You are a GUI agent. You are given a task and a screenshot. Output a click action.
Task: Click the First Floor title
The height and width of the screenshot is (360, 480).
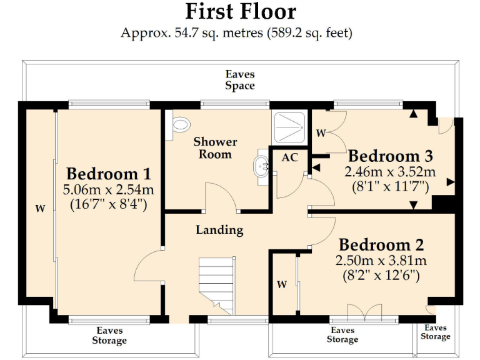[240, 11]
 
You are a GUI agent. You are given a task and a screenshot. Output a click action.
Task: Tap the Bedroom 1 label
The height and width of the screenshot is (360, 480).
[109, 174]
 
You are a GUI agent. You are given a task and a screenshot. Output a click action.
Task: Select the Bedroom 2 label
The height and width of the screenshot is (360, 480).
[381, 244]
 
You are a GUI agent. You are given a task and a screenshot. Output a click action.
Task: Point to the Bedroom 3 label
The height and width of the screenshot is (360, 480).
[391, 156]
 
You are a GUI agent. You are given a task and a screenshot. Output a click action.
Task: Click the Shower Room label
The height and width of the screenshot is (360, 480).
[215, 148]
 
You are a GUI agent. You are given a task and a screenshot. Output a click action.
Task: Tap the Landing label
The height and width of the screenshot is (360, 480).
[219, 230]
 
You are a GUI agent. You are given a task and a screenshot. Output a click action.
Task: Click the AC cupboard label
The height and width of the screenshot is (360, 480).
[289, 157]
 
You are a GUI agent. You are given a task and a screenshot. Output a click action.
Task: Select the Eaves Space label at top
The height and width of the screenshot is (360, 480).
[240, 80]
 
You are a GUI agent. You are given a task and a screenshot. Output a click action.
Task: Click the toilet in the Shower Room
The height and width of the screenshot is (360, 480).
[181, 126]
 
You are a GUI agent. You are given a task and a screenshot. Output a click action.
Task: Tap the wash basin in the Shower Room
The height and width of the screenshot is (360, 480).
[262, 166]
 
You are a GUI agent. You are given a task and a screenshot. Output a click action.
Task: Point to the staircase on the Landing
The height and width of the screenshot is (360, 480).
[217, 284]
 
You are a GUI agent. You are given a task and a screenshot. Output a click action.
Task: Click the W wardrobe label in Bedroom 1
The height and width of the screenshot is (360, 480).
[40, 209]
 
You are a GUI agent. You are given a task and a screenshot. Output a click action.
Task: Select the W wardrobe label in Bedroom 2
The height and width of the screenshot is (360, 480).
[282, 285]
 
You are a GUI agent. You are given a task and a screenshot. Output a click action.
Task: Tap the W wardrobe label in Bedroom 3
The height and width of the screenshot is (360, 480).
[321, 132]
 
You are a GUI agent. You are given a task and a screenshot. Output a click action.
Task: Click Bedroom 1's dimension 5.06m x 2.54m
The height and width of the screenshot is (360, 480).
[109, 189]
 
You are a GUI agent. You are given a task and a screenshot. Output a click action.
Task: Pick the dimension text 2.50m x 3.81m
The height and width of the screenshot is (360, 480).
[381, 260]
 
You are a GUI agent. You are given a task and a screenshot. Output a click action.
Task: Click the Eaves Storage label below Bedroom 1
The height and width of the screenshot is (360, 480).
[109, 336]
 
